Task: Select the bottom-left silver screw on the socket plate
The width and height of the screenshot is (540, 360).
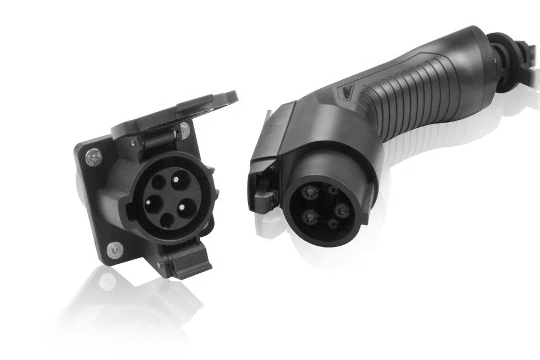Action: click(115, 247)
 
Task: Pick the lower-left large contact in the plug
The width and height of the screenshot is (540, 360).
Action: click(309, 217)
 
